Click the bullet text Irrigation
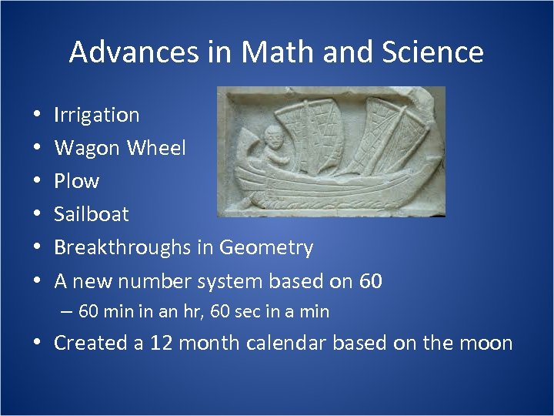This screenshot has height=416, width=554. click(x=96, y=115)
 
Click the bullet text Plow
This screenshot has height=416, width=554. click(x=76, y=181)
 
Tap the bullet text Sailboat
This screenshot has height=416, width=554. click(x=91, y=214)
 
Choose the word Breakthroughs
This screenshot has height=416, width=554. click(x=124, y=247)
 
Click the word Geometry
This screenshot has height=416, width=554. click(x=265, y=247)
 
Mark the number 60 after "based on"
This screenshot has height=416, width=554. click(x=370, y=281)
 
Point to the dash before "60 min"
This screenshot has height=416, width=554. click(x=67, y=312)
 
